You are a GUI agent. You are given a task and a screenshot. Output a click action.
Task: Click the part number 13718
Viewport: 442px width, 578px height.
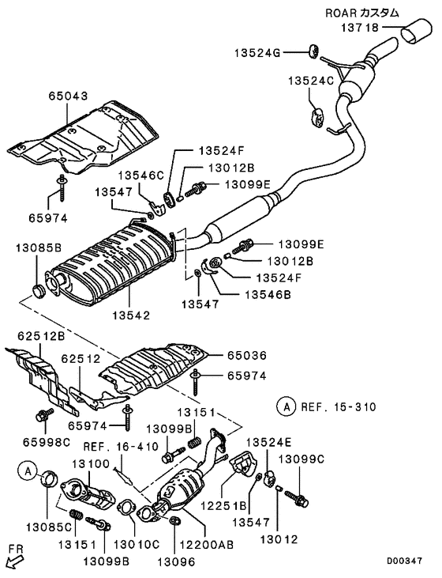click(x=360, y=28)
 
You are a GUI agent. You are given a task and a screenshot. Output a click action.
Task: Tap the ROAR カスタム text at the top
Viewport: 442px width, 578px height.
click(x=362, y=12)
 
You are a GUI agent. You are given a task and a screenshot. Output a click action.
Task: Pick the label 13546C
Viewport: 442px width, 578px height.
click(x=141, y=175)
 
